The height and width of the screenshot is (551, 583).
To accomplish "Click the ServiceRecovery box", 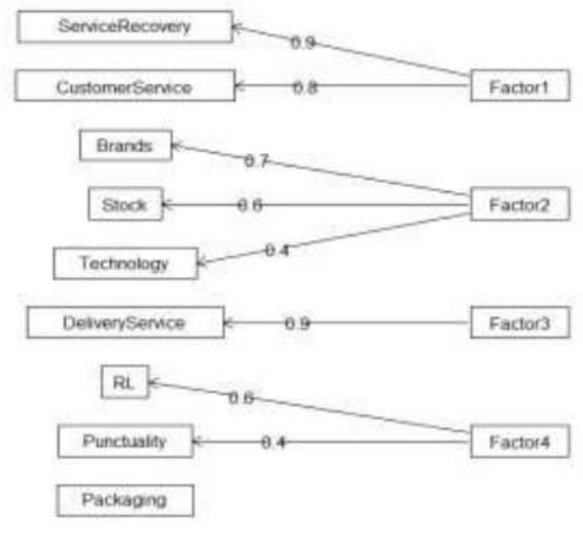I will [124, 27].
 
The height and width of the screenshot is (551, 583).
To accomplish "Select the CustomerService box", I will [124, 87].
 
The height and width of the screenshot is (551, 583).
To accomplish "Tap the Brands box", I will [125, 146].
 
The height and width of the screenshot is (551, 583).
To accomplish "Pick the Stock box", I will [125, 205].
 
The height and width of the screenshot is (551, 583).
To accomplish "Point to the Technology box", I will [125, 264].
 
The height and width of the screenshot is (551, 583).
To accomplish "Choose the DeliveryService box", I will [125, 323].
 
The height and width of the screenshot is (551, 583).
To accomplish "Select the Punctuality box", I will [125, 441].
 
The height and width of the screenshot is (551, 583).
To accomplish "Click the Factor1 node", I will [520, 87].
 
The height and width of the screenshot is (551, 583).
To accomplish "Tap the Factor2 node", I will [520, 205].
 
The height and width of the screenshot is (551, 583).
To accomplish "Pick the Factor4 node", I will [520, 441].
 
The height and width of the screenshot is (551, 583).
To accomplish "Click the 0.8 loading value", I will [305, 87].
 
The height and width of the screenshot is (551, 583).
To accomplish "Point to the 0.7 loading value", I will [256, 161].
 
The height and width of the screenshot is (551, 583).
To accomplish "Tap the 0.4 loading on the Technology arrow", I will [277, 250].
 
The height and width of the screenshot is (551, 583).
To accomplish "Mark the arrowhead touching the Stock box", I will [167, 205].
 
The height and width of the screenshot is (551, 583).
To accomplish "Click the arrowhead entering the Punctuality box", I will [198, 441].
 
